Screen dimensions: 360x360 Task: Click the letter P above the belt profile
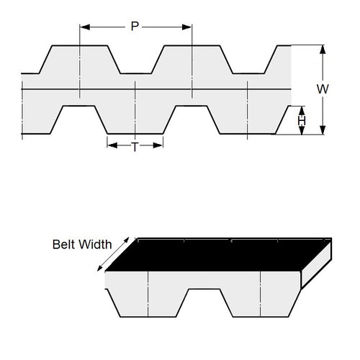coord(134,27)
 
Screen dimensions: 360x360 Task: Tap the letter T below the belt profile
coord(135,146)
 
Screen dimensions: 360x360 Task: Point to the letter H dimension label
coord(302,121)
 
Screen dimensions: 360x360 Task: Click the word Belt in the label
coord(63,244)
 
